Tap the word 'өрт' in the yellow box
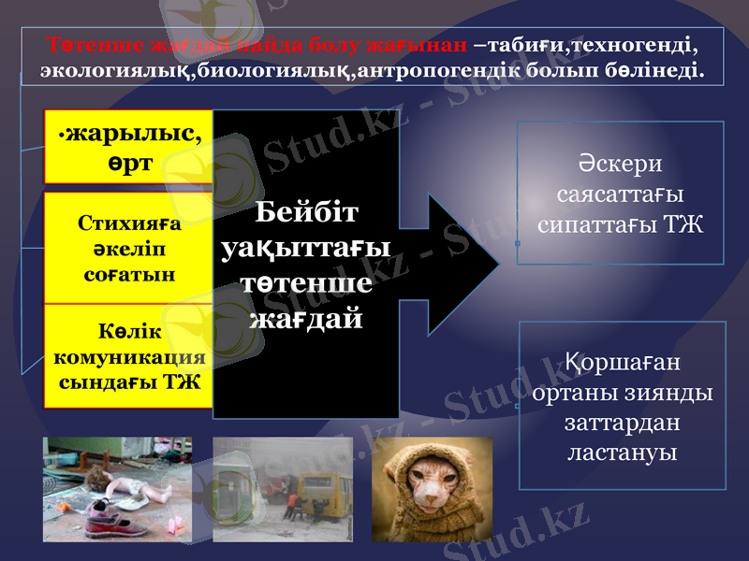point(128,162)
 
